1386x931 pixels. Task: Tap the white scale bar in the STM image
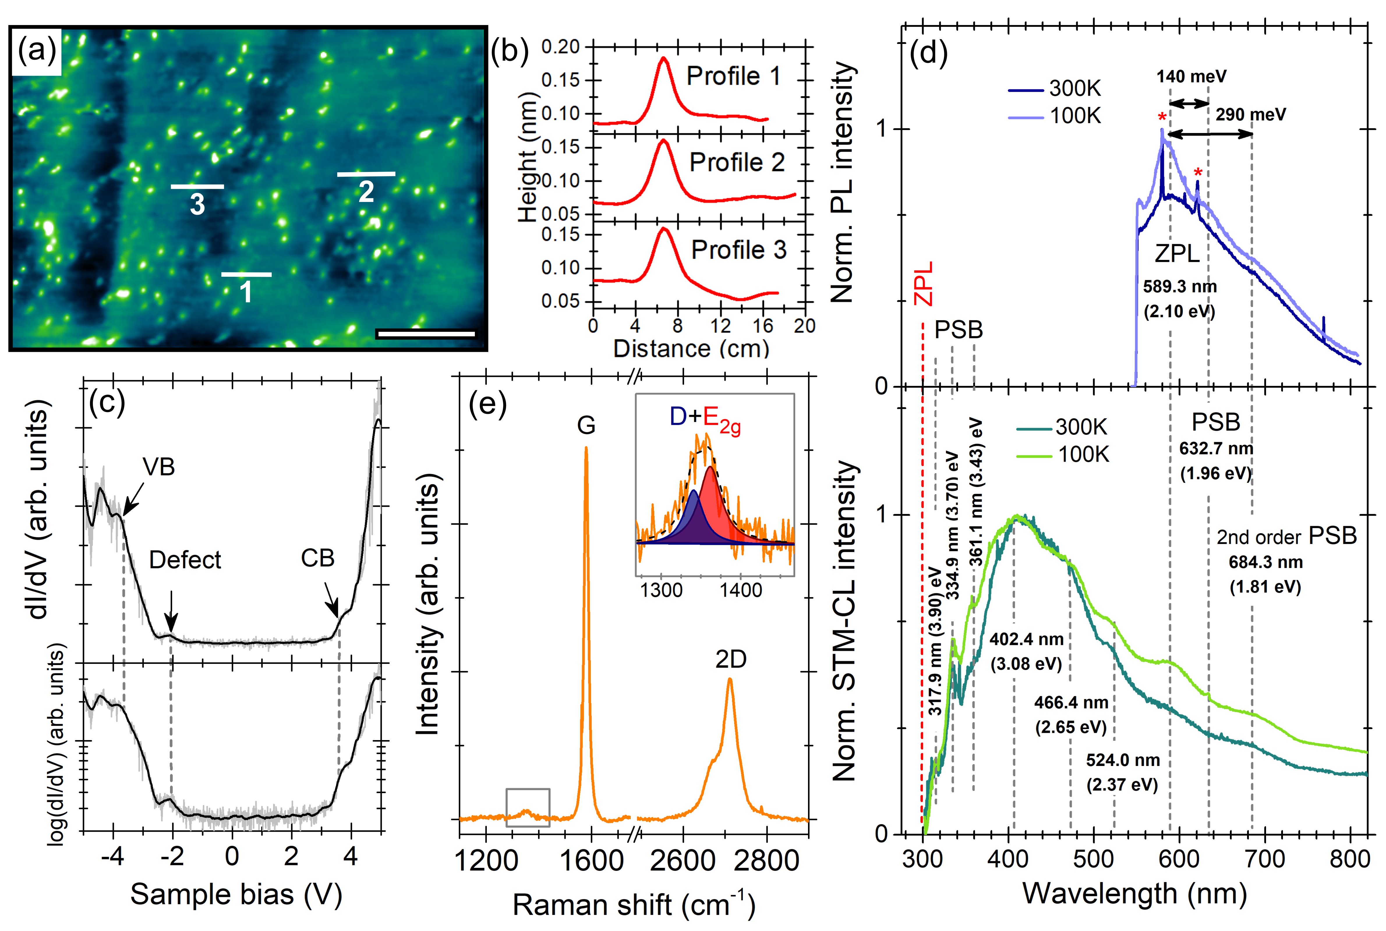[426, 334]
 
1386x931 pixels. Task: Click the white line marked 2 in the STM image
[366, 174]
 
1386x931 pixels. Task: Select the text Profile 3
[738, 250]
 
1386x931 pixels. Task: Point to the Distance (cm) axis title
[691, 349]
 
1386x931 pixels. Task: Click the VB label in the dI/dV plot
[159, 467]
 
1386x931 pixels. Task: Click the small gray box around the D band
[528, 808]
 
